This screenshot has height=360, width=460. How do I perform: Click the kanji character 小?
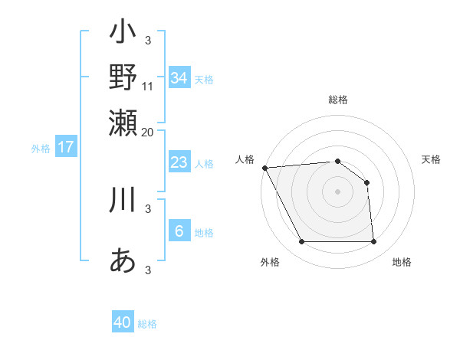(123, 33)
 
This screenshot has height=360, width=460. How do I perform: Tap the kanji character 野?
(123, 77)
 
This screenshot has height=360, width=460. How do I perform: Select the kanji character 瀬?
(123, 123)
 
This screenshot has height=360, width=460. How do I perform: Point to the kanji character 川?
(123, 199)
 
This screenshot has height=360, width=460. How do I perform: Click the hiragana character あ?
(123, 261)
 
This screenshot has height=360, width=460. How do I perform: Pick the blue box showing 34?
(179, 77)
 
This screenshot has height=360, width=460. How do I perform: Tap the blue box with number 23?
(179, 162)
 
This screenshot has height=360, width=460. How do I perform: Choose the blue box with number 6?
(179, 231)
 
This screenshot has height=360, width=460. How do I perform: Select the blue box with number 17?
(65, 147)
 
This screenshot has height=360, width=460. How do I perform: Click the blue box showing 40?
(123, 322)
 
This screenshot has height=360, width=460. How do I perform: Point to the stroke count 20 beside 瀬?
(148, 132)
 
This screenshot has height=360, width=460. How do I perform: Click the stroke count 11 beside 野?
(148, 86)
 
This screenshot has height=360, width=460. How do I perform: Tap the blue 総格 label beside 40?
(147, 324)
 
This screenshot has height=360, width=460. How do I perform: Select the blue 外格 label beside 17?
(41, 149)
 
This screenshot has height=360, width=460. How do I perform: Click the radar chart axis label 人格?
(245, 159)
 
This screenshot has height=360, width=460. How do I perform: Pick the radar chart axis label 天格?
(431, 159)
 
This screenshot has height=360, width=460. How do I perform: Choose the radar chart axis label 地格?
(402, 263)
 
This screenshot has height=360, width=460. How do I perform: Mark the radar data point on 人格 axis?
(264, 167)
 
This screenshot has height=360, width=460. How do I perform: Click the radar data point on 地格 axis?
(373, 242)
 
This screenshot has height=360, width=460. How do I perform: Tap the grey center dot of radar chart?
(337, 191)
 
